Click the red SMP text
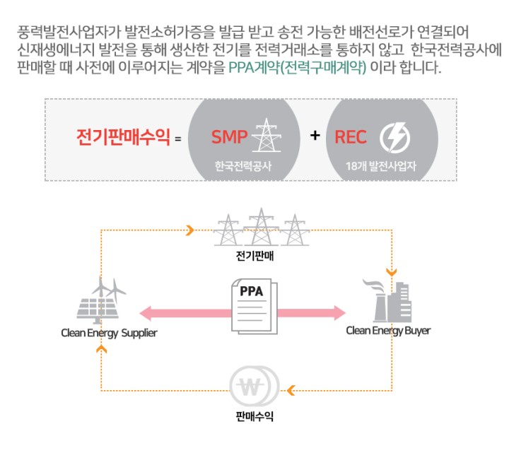point(229,136)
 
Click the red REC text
point(351,137)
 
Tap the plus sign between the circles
point(315,135)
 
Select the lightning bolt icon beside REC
point(394,138)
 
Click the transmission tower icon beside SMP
point(267,135)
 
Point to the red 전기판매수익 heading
point(123,137)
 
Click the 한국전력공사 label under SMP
point(242,166)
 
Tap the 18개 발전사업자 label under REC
point(381,166)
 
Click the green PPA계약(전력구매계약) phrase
point(298,68)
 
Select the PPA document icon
point(255,306)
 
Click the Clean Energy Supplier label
point(109,333)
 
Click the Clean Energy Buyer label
point(388,331)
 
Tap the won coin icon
point(255,386)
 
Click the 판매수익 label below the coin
point(255,416)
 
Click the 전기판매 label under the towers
point(255,256)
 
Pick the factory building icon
point(387,301)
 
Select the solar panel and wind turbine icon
point(101,300)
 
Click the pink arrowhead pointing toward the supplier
point(147,313)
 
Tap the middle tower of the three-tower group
point(262,227)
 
